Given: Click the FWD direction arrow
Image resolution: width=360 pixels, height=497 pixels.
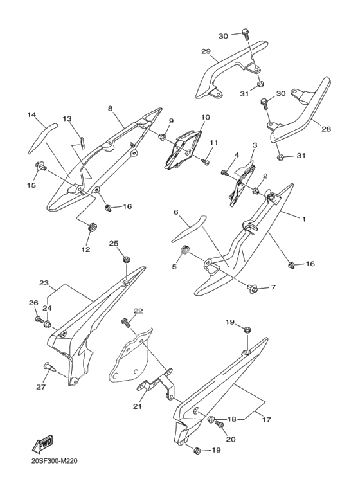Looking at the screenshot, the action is [x=42, y=444].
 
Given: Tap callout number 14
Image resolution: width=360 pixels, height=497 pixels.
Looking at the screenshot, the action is [x=31, y=114].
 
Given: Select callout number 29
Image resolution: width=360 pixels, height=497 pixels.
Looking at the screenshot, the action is [x=206, y=51].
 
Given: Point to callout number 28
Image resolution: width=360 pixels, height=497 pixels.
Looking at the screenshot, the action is [x=326, y=129].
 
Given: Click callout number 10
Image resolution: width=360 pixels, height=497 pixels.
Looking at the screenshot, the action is [x=205, y=118].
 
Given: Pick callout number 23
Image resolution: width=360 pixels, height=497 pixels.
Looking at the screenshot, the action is [x=44, y=283].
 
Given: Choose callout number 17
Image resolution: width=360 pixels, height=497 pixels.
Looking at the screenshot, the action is [x=267, y=420].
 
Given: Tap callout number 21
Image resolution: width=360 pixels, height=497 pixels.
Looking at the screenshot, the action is [x=138, y=406].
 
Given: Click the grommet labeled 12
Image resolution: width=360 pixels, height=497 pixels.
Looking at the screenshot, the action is [x=92, y=228].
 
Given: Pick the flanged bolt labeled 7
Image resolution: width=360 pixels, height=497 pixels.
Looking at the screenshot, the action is [x=251, y=288].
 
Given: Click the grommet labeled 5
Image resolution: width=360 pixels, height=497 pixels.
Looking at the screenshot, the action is [x=184, y=249].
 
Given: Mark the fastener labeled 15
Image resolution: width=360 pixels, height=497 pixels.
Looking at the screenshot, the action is [x=40, y=165].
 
